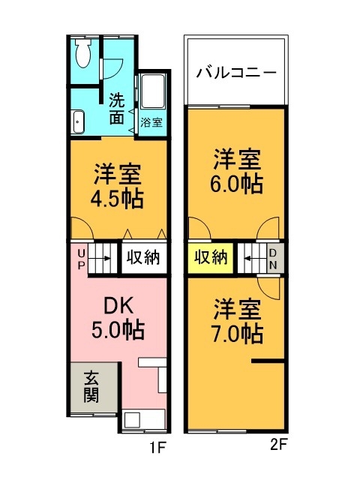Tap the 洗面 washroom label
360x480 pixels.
coord(117,107)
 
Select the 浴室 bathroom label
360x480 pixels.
coord(152,121)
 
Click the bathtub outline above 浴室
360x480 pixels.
coord(152,94)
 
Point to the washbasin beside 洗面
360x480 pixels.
coord(78,121)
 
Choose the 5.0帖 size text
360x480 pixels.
coord(118,328)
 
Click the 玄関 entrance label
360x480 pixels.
coord(91,387)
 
